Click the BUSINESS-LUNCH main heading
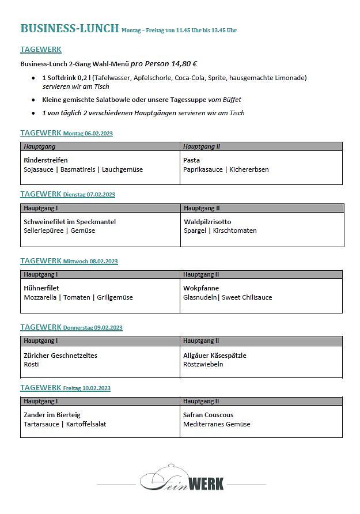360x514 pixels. click(70, 28)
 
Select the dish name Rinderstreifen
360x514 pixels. click(46, 160)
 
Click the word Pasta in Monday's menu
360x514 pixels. click(191, 160)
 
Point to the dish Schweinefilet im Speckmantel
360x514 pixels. click(70, 221)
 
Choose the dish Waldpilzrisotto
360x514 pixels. click(207, 221)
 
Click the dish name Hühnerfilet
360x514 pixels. click(41, 288)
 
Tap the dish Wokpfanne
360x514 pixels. click(201, 288)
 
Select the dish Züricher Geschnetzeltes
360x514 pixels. click(60, 356)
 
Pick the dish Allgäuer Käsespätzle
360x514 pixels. click(214, 356)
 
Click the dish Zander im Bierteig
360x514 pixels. click(52, 415)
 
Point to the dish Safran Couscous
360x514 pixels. click(208, 415)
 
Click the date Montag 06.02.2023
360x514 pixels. click(88, 134)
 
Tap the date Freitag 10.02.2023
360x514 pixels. click(86, 388)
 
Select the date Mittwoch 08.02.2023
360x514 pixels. click(90, 262)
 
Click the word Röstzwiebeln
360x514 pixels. click(203, 364)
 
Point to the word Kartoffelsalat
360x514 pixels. click(86, 424)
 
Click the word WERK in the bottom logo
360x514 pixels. click(206, 483)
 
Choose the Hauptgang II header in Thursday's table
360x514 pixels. click(201, 341)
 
